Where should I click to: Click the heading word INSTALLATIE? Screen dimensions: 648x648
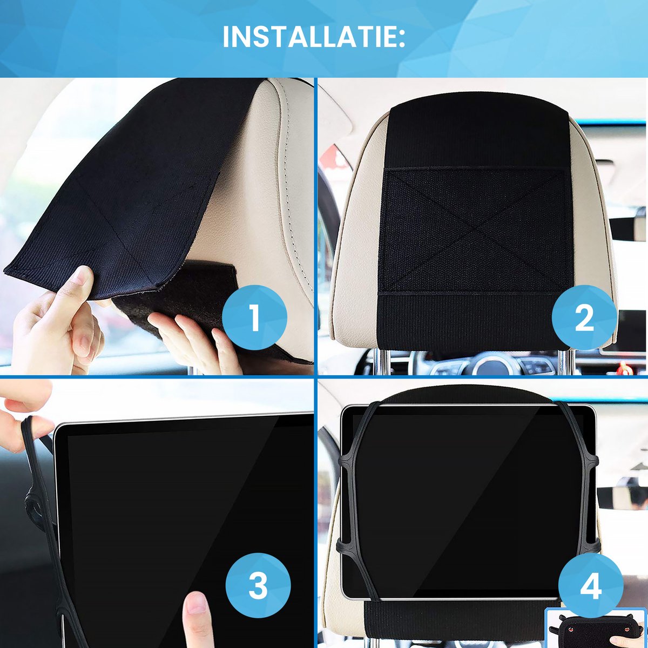[x=313, y=37]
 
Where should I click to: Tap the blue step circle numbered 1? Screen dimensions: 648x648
[x=254, y=318]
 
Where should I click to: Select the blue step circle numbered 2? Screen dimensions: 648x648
[x=584, y=318]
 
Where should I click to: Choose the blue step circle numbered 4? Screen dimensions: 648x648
[x=590, y=586]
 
